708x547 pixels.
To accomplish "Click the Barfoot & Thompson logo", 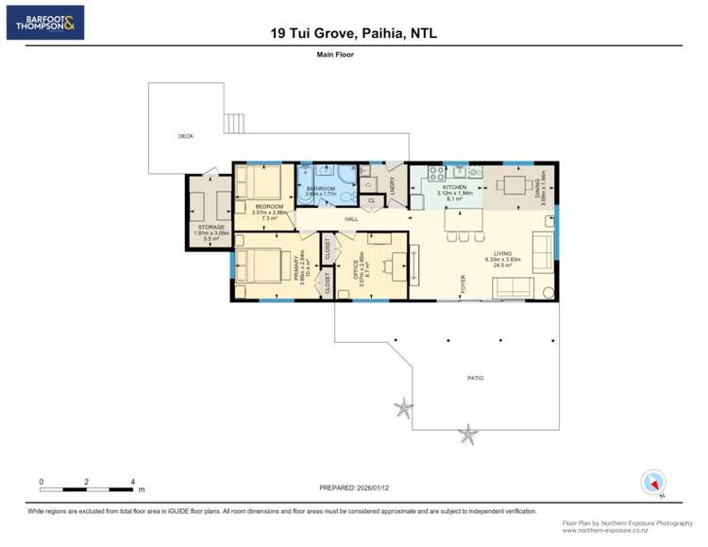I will point(44,22).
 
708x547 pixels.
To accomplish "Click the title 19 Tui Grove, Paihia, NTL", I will point(353,33).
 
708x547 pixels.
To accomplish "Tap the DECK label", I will point(186,136).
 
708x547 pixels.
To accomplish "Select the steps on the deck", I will point(234,124).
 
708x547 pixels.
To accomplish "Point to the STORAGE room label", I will point(211,228).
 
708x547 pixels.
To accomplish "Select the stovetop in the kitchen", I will point(437,173).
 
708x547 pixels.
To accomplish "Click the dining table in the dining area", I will point(515,183).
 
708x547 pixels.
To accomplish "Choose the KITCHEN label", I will point(454,188).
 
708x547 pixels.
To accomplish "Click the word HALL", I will point(351,219).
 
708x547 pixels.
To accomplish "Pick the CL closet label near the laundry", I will point(371,200).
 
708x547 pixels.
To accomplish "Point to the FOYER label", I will point(464,283).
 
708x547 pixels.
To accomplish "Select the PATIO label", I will point(475,378).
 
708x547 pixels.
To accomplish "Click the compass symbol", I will point(652,483).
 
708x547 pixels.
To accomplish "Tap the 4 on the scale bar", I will point(132,482).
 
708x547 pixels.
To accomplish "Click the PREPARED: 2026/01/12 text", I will point(356,487).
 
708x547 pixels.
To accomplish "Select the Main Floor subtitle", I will point(335,56).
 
